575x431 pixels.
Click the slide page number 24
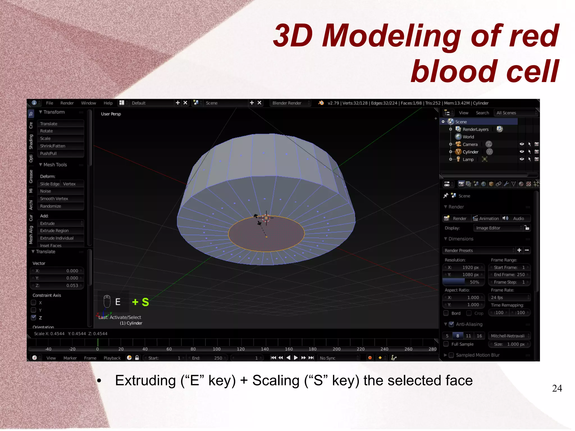(557, 388)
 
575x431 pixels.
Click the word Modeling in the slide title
(391, 36)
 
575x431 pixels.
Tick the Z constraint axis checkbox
(34, 318)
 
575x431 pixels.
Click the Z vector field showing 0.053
(57, 286)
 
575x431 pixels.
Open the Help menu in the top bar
(108, 103)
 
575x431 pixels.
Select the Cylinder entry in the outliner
(470, 152)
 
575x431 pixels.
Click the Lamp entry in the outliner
(468, 159)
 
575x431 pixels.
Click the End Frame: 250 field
(509, 275)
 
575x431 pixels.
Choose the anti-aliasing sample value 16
(479, 336)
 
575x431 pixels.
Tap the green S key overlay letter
(145, 302)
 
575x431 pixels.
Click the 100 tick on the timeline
(216, 349)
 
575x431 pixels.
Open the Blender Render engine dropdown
(290, 103)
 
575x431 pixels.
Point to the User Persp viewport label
(111, 114)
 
